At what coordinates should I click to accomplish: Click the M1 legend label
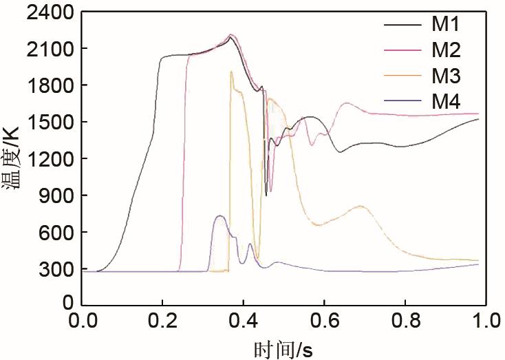tap(446, 25)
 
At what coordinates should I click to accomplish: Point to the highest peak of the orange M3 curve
tap(231, 72)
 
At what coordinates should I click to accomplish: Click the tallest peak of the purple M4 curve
tap(219, 216)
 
